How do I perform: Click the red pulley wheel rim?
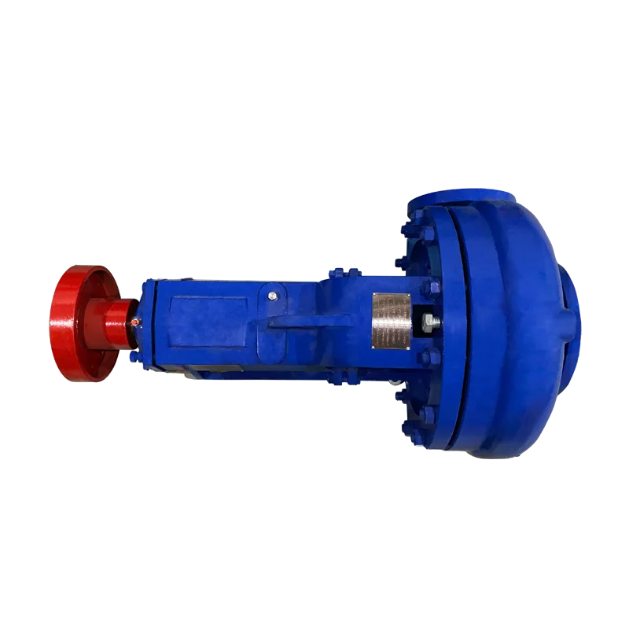[66, 322]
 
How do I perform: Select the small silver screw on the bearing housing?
[272, 296]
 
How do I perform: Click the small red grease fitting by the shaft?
[135, 321]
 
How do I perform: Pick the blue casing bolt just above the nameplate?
[425, 286]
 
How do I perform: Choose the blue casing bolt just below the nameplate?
[425, 358]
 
